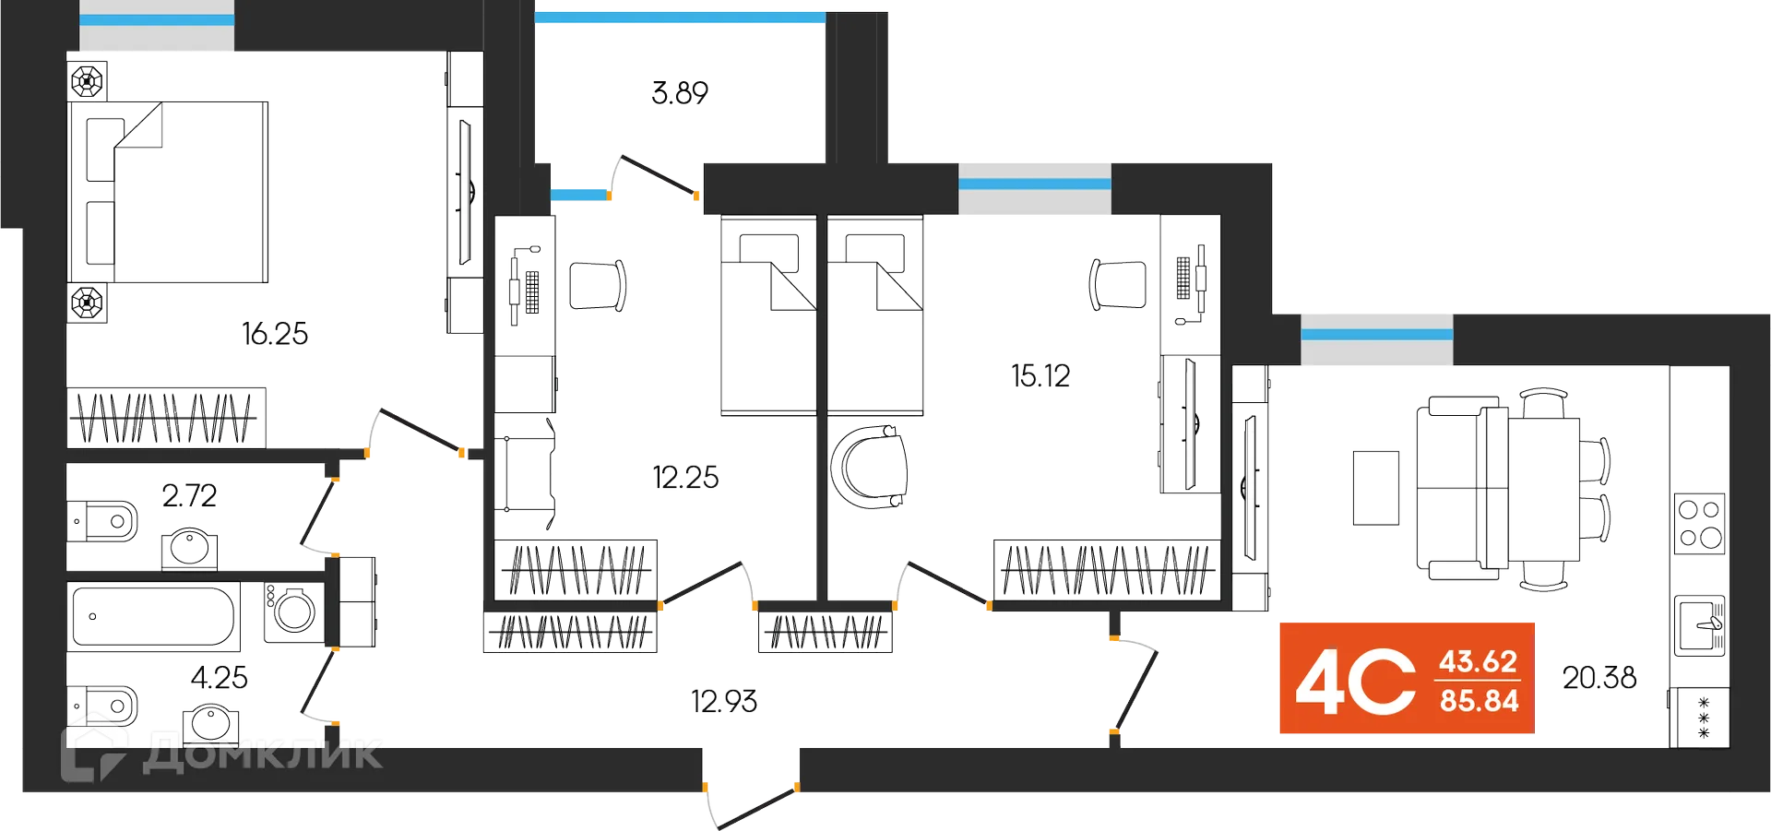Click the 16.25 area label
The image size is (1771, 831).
click(275, 333)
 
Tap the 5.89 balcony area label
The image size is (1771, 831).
click(679, 94)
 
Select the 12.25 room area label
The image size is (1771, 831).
click(685, 478)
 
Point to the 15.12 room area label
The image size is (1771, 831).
click(1040, 376)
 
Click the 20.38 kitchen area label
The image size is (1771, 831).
click(1599, 679)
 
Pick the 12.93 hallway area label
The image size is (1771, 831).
click(725, 702)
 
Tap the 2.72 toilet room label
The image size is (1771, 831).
click(190, 496)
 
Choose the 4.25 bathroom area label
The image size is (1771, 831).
click(220, 679)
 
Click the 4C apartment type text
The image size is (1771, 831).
click(1355, 682)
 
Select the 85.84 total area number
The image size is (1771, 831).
click(1480, 701)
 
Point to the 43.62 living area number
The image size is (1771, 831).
click(1478, 661)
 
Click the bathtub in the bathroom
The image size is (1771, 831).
click(153, 615)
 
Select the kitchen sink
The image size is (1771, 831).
click(1700, 626)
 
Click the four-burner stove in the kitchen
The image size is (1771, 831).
click(1700, 524)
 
